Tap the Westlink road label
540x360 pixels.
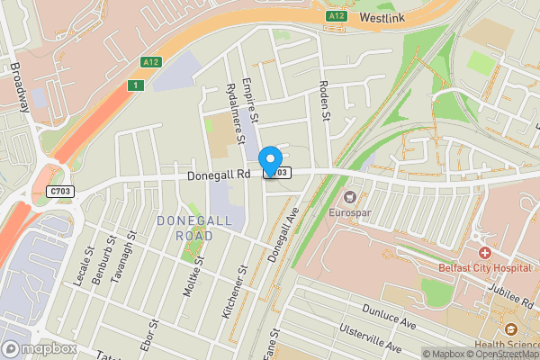383,16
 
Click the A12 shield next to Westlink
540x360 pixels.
336,15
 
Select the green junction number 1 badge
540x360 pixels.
135,85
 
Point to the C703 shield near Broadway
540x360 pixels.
61,191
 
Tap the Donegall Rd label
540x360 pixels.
218,176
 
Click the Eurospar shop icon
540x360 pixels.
350,196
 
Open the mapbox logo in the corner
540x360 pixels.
38,348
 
